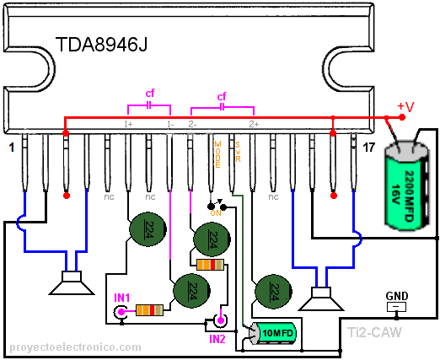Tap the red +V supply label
(405, 106)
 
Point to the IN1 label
(122, 298)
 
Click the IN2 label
(218, 339)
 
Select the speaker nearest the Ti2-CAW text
(320, 298)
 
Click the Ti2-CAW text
(374, 333)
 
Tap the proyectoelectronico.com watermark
(75, 347)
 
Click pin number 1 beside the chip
(10, 148)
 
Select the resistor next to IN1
(150, 310)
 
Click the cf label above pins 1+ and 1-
(150, 93)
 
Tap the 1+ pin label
(128, 124)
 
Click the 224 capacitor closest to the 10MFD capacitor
(272, 292)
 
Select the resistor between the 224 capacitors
(210, 265)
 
